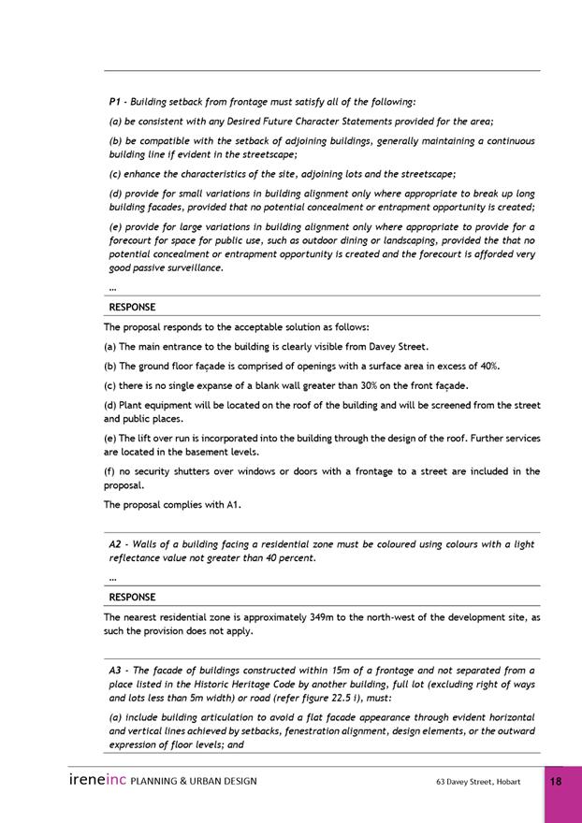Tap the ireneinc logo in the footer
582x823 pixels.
coord(97,780)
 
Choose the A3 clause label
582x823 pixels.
coord(116,671)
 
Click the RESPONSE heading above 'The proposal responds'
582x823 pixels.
coord(132,307)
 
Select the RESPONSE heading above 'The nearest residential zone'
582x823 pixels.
coord(132,597)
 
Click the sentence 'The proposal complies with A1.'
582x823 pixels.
coord(172,505)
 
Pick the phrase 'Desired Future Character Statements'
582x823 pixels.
coord(293,122)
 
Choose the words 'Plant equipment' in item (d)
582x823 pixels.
coord(155,405)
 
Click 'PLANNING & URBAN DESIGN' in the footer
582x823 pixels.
coord(194,781)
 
